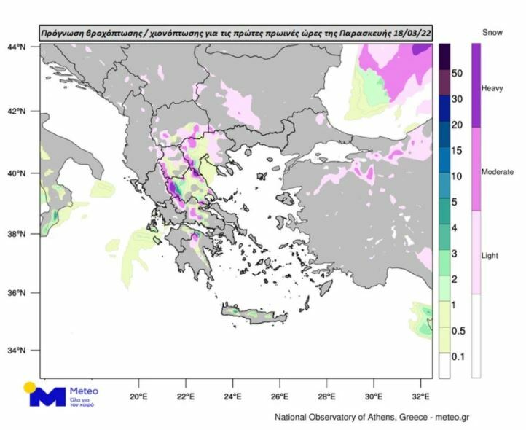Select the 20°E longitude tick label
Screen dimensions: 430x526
click(138, 397)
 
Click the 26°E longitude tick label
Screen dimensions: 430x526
click(280, 397)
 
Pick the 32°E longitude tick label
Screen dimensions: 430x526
click(421, 397)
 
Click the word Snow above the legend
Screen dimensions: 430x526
click(492, 33)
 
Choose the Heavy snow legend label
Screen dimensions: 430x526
click(492, 88)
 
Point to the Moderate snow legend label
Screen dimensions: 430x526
click(498, 172)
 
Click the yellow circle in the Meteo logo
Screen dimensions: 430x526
click(29, 387)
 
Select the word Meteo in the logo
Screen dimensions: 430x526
click(85, 391)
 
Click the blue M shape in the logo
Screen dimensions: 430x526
click(48, 396)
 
